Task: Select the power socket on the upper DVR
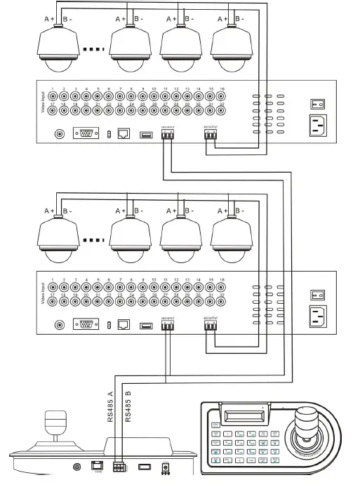[x=315, y=126]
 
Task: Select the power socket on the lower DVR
[x=315, y=316]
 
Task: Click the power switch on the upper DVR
[x=315, y=104]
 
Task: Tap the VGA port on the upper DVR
[x=86, y=134]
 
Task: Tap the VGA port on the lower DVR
[x=86, y=325]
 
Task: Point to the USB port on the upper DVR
[x=146, y=134]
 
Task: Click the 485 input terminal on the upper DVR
[x=167, y=135]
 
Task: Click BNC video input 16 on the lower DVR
[x=222, y=288]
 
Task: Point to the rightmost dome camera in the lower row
[x=233, y=237]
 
